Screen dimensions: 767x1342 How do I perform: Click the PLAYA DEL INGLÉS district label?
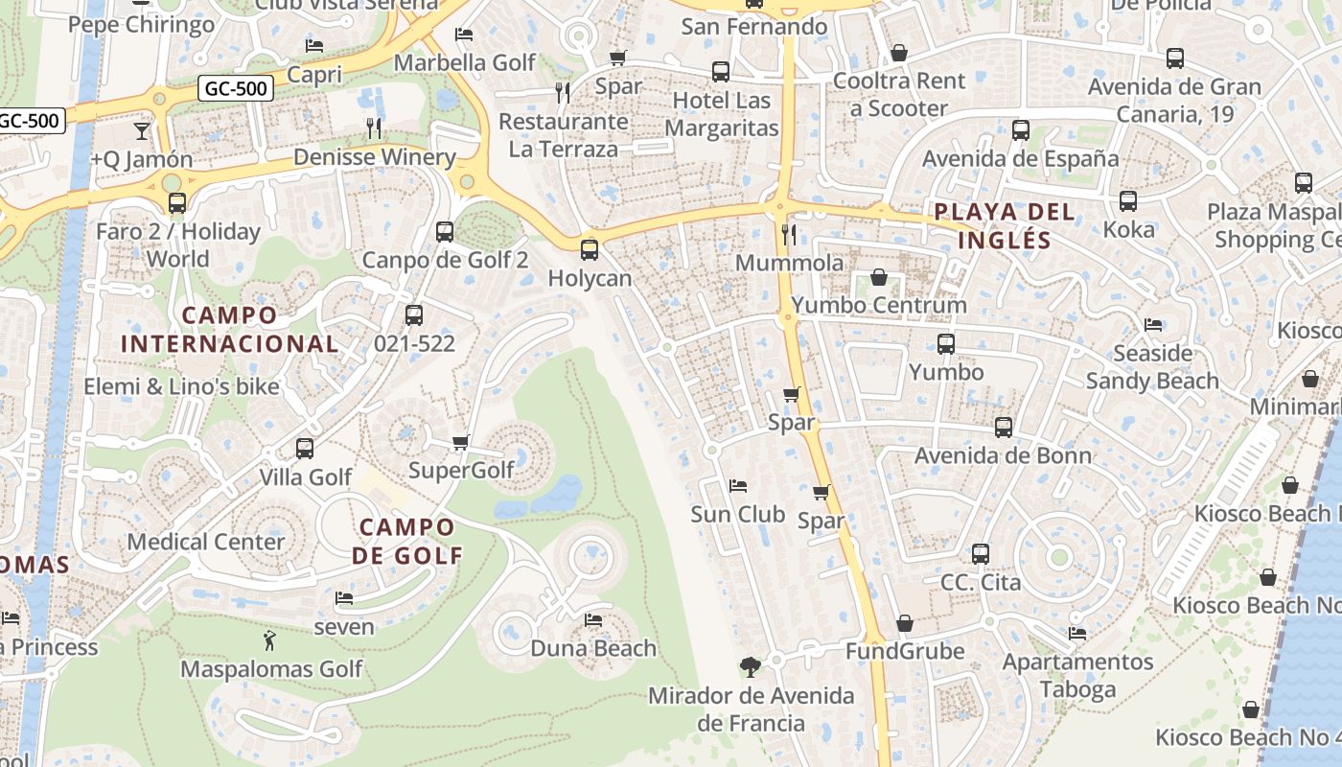pos(1005,225)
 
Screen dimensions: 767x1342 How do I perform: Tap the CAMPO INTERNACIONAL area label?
pos(229,329)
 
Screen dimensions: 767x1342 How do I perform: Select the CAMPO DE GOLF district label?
pos(406,541)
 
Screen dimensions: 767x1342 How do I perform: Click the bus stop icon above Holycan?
pos(590,250)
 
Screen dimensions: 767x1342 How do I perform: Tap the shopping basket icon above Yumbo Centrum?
pos(878,278)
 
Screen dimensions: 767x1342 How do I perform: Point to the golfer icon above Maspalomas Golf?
pos(269,639)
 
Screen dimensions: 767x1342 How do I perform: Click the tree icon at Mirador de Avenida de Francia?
pos(751,666)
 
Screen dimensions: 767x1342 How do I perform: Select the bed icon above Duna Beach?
pos(593,620)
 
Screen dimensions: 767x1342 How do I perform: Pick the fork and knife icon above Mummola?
pos(789,234)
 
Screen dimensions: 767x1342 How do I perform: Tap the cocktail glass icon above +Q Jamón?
pos(142,130)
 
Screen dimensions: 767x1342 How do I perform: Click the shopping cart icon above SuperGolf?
pos(460,442)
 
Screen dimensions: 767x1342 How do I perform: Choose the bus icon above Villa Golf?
pos(305,448)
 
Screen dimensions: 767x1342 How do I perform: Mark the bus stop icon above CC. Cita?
pos(980,554)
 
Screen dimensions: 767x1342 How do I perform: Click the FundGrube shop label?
pos(904,652)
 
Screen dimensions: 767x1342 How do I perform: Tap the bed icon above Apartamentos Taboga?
pos(1077,634)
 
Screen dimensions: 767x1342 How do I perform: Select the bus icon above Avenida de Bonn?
pos(1003,428)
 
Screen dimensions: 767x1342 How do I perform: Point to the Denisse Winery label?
pos(374,157)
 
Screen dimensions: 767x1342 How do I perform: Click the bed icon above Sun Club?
pos(737,486)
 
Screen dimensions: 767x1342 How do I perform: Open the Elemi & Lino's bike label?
pos(182,387)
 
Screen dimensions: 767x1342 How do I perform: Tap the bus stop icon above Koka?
pos(1128,201)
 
